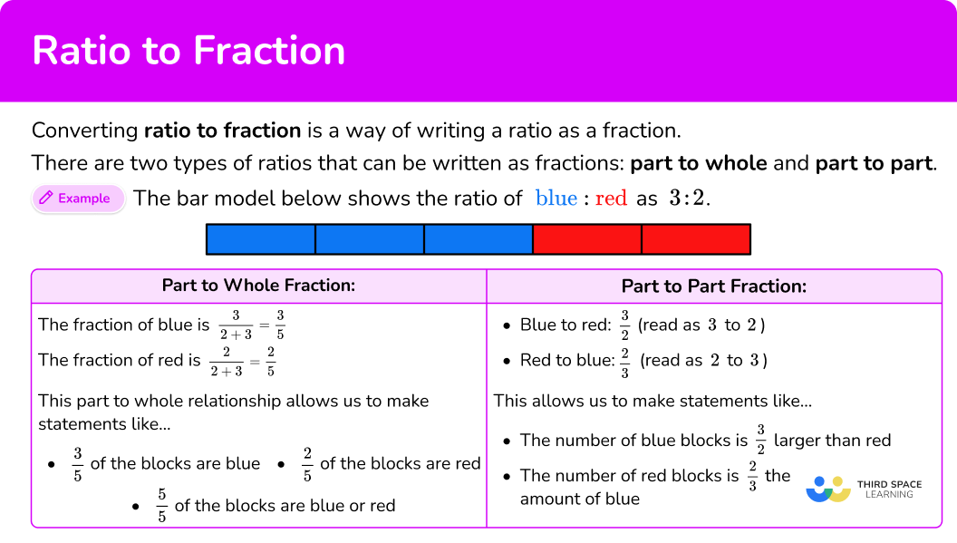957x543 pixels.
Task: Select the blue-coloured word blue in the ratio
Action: [x=556, y=199]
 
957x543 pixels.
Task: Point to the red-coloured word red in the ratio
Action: [x=611, y=199]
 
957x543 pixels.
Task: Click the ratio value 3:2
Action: [x=686, y=199]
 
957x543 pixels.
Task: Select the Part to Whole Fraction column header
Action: [x=258, y=286]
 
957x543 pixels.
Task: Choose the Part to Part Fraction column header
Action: [x=713, y=286]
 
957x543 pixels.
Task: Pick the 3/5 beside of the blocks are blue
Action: [x=78, y=464]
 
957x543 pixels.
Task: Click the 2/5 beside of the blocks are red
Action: [x=307, y=464]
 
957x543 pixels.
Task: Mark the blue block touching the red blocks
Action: [x=478, y=239]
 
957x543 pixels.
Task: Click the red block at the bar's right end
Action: [x=695, y=239]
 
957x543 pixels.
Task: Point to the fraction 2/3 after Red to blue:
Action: [x=623, y=360]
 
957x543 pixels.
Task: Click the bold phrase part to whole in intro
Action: [x=698, y=164]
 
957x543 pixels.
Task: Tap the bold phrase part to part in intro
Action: [x=873, y=164]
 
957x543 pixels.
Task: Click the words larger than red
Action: [x=832, y=441]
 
